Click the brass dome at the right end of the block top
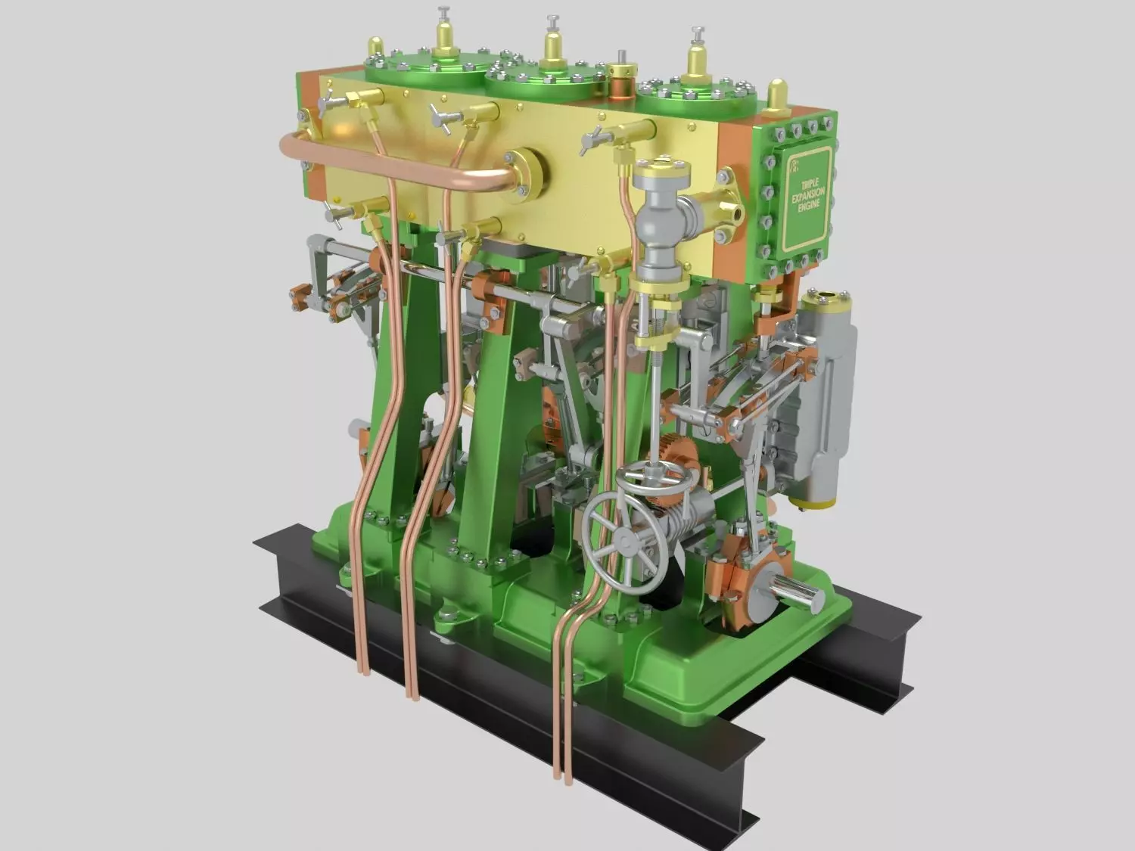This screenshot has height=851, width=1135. [x=774, y=92]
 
